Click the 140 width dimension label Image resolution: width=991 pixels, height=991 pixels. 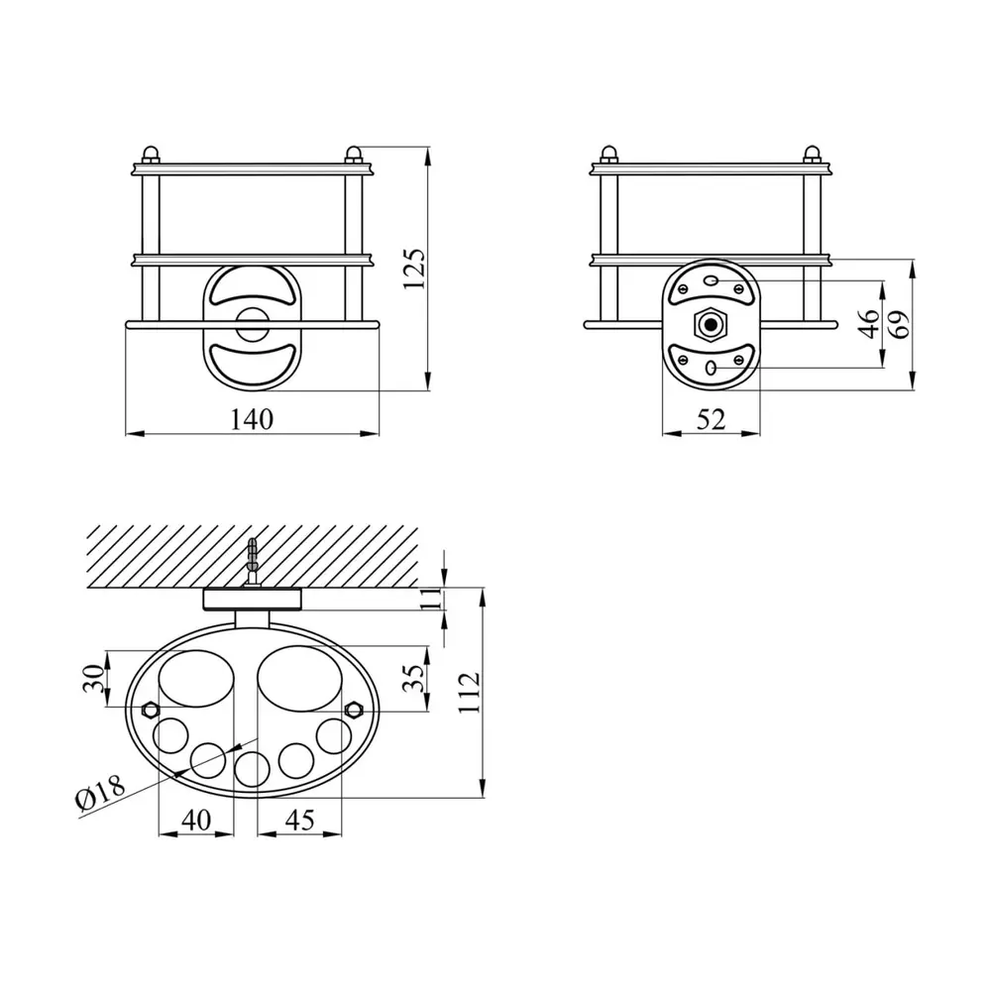click(x=252, y=419)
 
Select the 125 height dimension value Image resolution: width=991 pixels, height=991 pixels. click(x=414, y=270)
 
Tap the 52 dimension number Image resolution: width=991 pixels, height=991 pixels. click(x=711, y=419)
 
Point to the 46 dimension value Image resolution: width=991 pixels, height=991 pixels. click(x=871, y=324)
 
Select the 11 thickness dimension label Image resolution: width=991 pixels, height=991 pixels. click(x=431, y=598)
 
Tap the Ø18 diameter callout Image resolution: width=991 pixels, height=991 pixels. click(x=101, y=791)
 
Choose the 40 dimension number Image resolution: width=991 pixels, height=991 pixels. click(x=196, y=820)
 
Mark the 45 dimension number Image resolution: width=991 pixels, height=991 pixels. click(x=299, y=820)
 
